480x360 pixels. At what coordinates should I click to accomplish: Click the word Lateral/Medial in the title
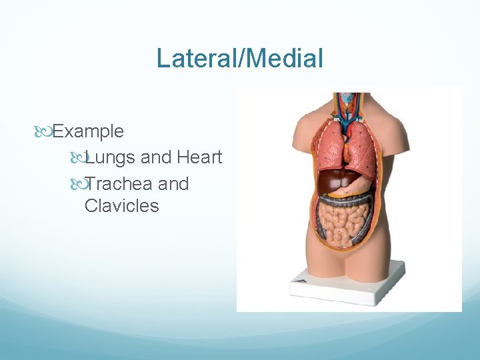tap(239, 58)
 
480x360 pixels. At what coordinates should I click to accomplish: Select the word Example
tap(88, 131)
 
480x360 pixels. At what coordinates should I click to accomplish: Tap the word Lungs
tap(110, 158)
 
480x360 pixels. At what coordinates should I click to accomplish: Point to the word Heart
tap(199, 157)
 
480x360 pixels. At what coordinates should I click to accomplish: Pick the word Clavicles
tap(122, 206)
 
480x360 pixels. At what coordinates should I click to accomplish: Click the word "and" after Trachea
tap(173, 184)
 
